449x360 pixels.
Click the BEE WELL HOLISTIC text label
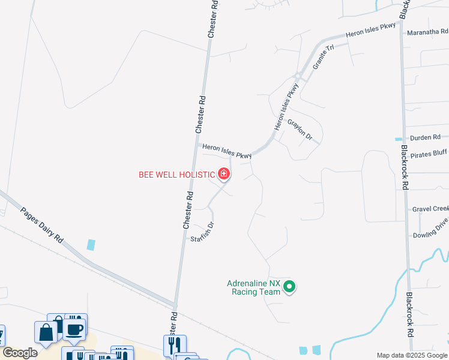[x=176, y=175]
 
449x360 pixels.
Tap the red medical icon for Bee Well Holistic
[x=224, y=175]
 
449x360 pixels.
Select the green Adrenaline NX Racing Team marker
[x=289, y=287]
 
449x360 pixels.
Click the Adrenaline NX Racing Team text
[x=253, y=287]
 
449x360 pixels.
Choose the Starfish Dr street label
[x=203, y=233]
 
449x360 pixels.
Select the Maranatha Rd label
[x=427, y=32]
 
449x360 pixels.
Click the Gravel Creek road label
[x=430, y=209]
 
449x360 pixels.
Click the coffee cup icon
[x=74, y=330]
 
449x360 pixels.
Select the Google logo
[x=20, y=353]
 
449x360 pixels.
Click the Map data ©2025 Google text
[x=412, y=355]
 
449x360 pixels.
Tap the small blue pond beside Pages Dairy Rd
[x=91, y=245]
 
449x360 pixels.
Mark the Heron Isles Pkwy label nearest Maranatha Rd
[x=370, y=32]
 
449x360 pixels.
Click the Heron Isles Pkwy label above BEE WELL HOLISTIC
[x=226, y=151]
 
